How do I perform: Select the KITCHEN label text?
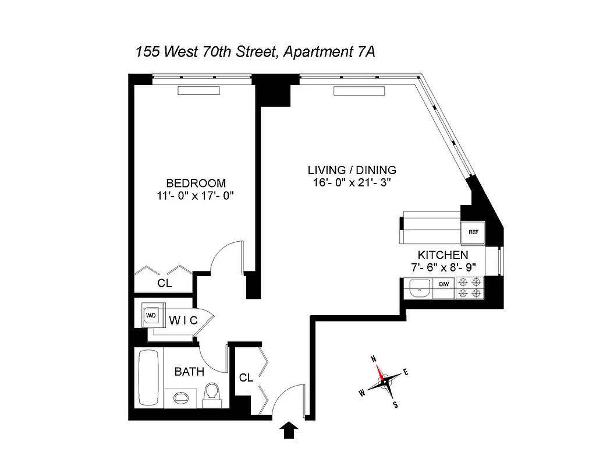443,255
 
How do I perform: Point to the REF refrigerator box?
473,232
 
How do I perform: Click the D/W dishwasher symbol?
444,285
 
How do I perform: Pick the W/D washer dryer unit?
151,315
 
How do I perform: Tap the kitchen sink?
418,288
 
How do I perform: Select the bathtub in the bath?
148,379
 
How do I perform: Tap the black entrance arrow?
289,431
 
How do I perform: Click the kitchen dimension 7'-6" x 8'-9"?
443,267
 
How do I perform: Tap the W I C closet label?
183,320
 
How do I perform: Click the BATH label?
190,371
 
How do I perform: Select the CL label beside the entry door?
246,377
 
